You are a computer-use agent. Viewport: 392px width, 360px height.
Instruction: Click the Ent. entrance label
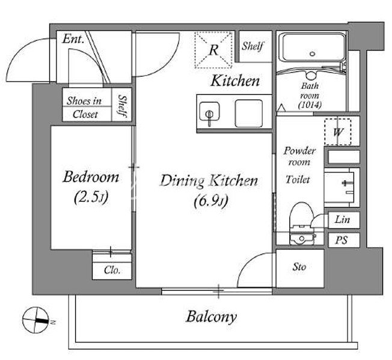[73, 38]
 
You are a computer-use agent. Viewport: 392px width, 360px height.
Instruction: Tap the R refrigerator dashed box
[213, 50]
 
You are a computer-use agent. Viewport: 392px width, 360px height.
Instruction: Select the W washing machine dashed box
[338, 132]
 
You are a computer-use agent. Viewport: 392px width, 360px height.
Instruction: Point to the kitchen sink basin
[209, 111]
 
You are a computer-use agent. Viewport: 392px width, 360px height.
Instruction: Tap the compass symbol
[35, 320]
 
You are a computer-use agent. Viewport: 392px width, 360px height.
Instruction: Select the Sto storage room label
[299, 267]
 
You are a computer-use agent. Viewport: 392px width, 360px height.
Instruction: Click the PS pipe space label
[341, 240]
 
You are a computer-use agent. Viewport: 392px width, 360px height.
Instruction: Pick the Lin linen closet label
[342, 219]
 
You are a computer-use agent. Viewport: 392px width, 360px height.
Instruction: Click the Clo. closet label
[112, 270]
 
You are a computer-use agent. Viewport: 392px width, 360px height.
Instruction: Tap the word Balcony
[211, 317]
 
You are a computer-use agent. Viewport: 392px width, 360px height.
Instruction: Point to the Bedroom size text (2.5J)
[91, 197]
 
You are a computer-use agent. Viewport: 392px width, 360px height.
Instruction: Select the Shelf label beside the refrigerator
[253, 46]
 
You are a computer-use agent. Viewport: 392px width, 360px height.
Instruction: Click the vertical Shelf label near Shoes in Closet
[123, 106]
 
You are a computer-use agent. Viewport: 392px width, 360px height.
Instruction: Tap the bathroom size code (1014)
[310, 105]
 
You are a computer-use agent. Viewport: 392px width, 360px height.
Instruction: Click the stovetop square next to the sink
[249, 114]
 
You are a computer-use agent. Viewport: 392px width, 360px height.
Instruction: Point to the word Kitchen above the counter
[235, 81]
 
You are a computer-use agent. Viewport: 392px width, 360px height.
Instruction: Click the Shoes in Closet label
[85, 108]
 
